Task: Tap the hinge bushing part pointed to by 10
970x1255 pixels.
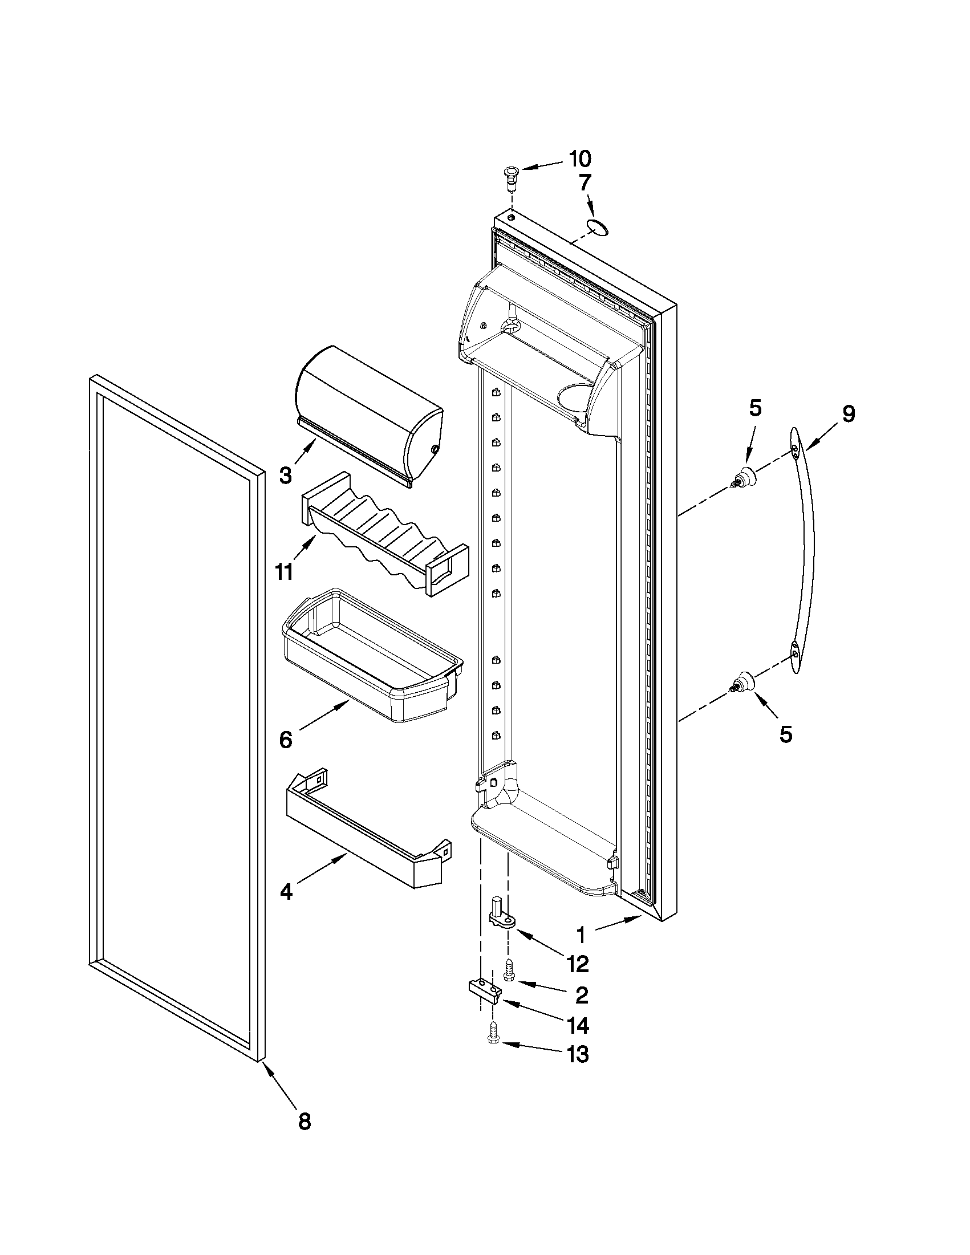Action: pos(510,173)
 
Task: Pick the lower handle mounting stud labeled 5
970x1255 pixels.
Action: pos(744,682)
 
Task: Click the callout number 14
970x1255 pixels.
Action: pos(577,1024)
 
